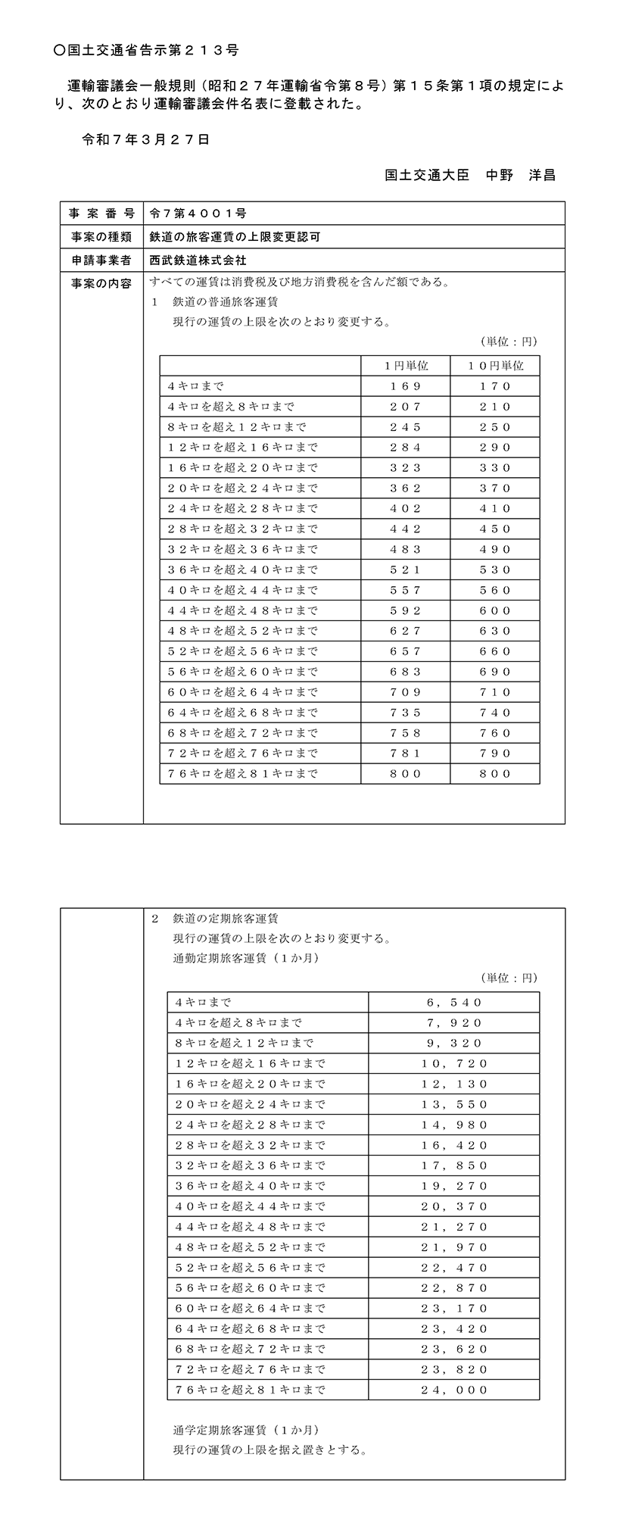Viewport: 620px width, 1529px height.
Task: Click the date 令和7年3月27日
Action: click(x=145, y=139)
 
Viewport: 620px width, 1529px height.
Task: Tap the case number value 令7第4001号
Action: click(x=198, y=214)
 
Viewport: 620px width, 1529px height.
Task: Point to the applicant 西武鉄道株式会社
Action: click(x=198, y=260)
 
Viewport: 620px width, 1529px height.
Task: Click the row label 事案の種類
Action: click(x=101, y=237)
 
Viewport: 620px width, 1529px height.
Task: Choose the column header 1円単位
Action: click(x=405, y=366)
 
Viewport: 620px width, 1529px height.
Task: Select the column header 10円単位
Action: click(x=495, y=366)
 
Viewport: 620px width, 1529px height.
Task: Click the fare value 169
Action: click(x=405, y=386)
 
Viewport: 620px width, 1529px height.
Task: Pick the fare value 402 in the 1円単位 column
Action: click(x=405, y=509)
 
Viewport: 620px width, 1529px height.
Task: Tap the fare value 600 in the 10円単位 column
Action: click(x=495, y=610)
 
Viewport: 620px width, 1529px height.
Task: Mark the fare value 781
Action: click(x=405, y=754)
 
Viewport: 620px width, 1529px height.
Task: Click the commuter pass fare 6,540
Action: click(x=454, y=1003)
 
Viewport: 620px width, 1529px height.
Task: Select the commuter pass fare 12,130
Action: click(x=454, y=1084)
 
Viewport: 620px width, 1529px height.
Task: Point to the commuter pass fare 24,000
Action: click(x=454, y=1390)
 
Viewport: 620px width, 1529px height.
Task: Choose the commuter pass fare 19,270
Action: click(x=454, y=1186)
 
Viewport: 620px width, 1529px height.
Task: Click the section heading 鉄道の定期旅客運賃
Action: click(x=226, y=919)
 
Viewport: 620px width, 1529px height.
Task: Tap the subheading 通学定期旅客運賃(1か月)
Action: click(x=246, y=1431)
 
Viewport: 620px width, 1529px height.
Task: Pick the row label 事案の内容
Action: click(x=101, y=284)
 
